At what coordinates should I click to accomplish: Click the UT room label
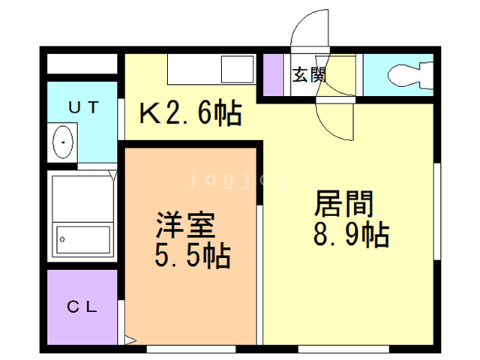(x=83, y=107)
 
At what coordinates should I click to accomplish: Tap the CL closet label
(x=82, y=307)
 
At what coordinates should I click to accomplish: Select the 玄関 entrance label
(x=309, y=75)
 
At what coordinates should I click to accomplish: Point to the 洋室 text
(x=185, y=225)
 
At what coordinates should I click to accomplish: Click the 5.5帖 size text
(x=193, y=256)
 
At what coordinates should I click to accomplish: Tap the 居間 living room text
(x=343, y=203)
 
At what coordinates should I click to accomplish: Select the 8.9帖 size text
(x=351, y=235)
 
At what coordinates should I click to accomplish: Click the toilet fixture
(x=410, y=75)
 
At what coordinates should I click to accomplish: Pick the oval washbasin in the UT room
(x=63, y=142)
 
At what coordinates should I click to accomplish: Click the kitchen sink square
(x=238, y=69)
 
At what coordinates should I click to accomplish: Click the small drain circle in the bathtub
(x=62, y=239)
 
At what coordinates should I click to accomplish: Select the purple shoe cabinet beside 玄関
(x=273, y=75)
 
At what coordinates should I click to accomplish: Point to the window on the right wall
(x=437, y=211)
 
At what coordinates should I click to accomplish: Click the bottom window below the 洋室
(x=191, y=349)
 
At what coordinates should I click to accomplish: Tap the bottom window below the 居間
(x=343, y=349)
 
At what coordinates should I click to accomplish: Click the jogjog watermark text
(x=238, y=180)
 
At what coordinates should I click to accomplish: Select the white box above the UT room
(x=82, y=64)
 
